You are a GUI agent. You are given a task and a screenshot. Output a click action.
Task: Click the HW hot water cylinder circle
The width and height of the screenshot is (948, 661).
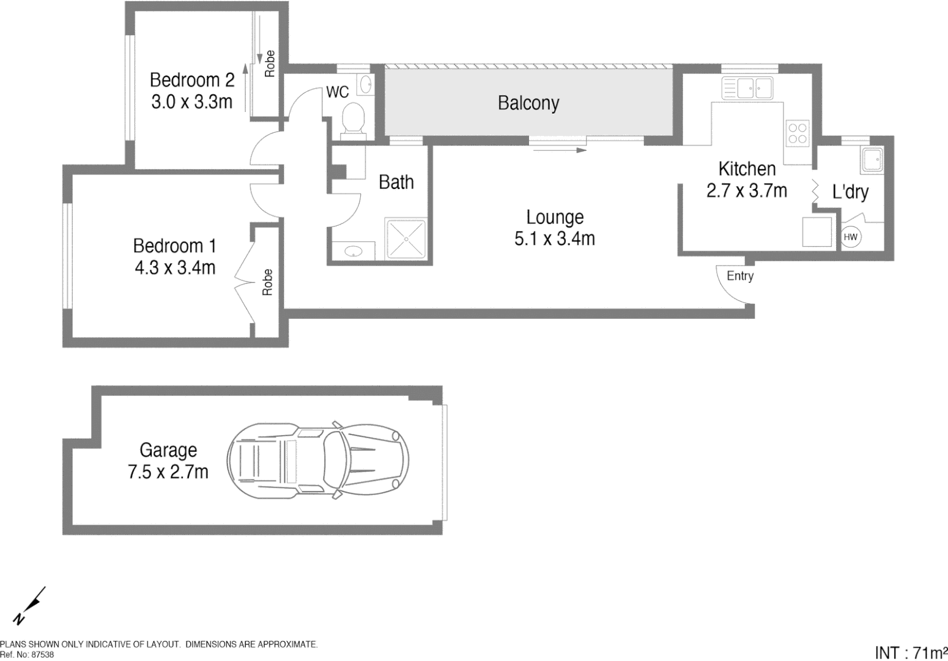coord(850,237)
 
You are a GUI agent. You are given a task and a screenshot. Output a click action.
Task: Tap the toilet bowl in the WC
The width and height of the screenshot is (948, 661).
coord(353,118)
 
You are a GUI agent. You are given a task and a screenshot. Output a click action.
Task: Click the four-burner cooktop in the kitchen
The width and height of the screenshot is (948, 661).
coord(797,133)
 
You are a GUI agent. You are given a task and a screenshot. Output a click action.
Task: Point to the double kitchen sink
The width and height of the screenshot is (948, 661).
coord(747,89)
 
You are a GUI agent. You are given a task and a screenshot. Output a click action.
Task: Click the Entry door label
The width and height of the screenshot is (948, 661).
coord(739,276)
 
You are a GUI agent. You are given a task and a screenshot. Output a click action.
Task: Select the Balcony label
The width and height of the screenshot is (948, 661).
coord(528,103)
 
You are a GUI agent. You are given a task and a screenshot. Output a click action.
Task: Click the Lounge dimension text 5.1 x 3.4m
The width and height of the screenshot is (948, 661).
coord(554,239)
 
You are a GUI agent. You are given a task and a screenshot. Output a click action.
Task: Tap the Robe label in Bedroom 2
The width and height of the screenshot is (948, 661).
coord(269,64)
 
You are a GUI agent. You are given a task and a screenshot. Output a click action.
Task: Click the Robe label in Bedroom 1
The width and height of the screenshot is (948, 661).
coord(267,282)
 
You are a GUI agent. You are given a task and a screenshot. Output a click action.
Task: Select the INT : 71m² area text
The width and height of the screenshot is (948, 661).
coord(911,652)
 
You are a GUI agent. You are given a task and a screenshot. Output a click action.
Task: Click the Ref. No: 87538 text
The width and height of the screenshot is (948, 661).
coord(27,654)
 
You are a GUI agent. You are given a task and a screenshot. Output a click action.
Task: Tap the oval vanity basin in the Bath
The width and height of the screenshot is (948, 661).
coord(352,251)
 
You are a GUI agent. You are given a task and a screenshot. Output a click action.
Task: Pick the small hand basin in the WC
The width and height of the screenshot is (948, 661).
coord(365,84)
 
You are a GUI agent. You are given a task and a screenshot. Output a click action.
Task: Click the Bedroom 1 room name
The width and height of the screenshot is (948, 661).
coord(174,246)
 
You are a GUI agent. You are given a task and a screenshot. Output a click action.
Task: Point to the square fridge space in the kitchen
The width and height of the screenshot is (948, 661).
coord(817,232)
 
